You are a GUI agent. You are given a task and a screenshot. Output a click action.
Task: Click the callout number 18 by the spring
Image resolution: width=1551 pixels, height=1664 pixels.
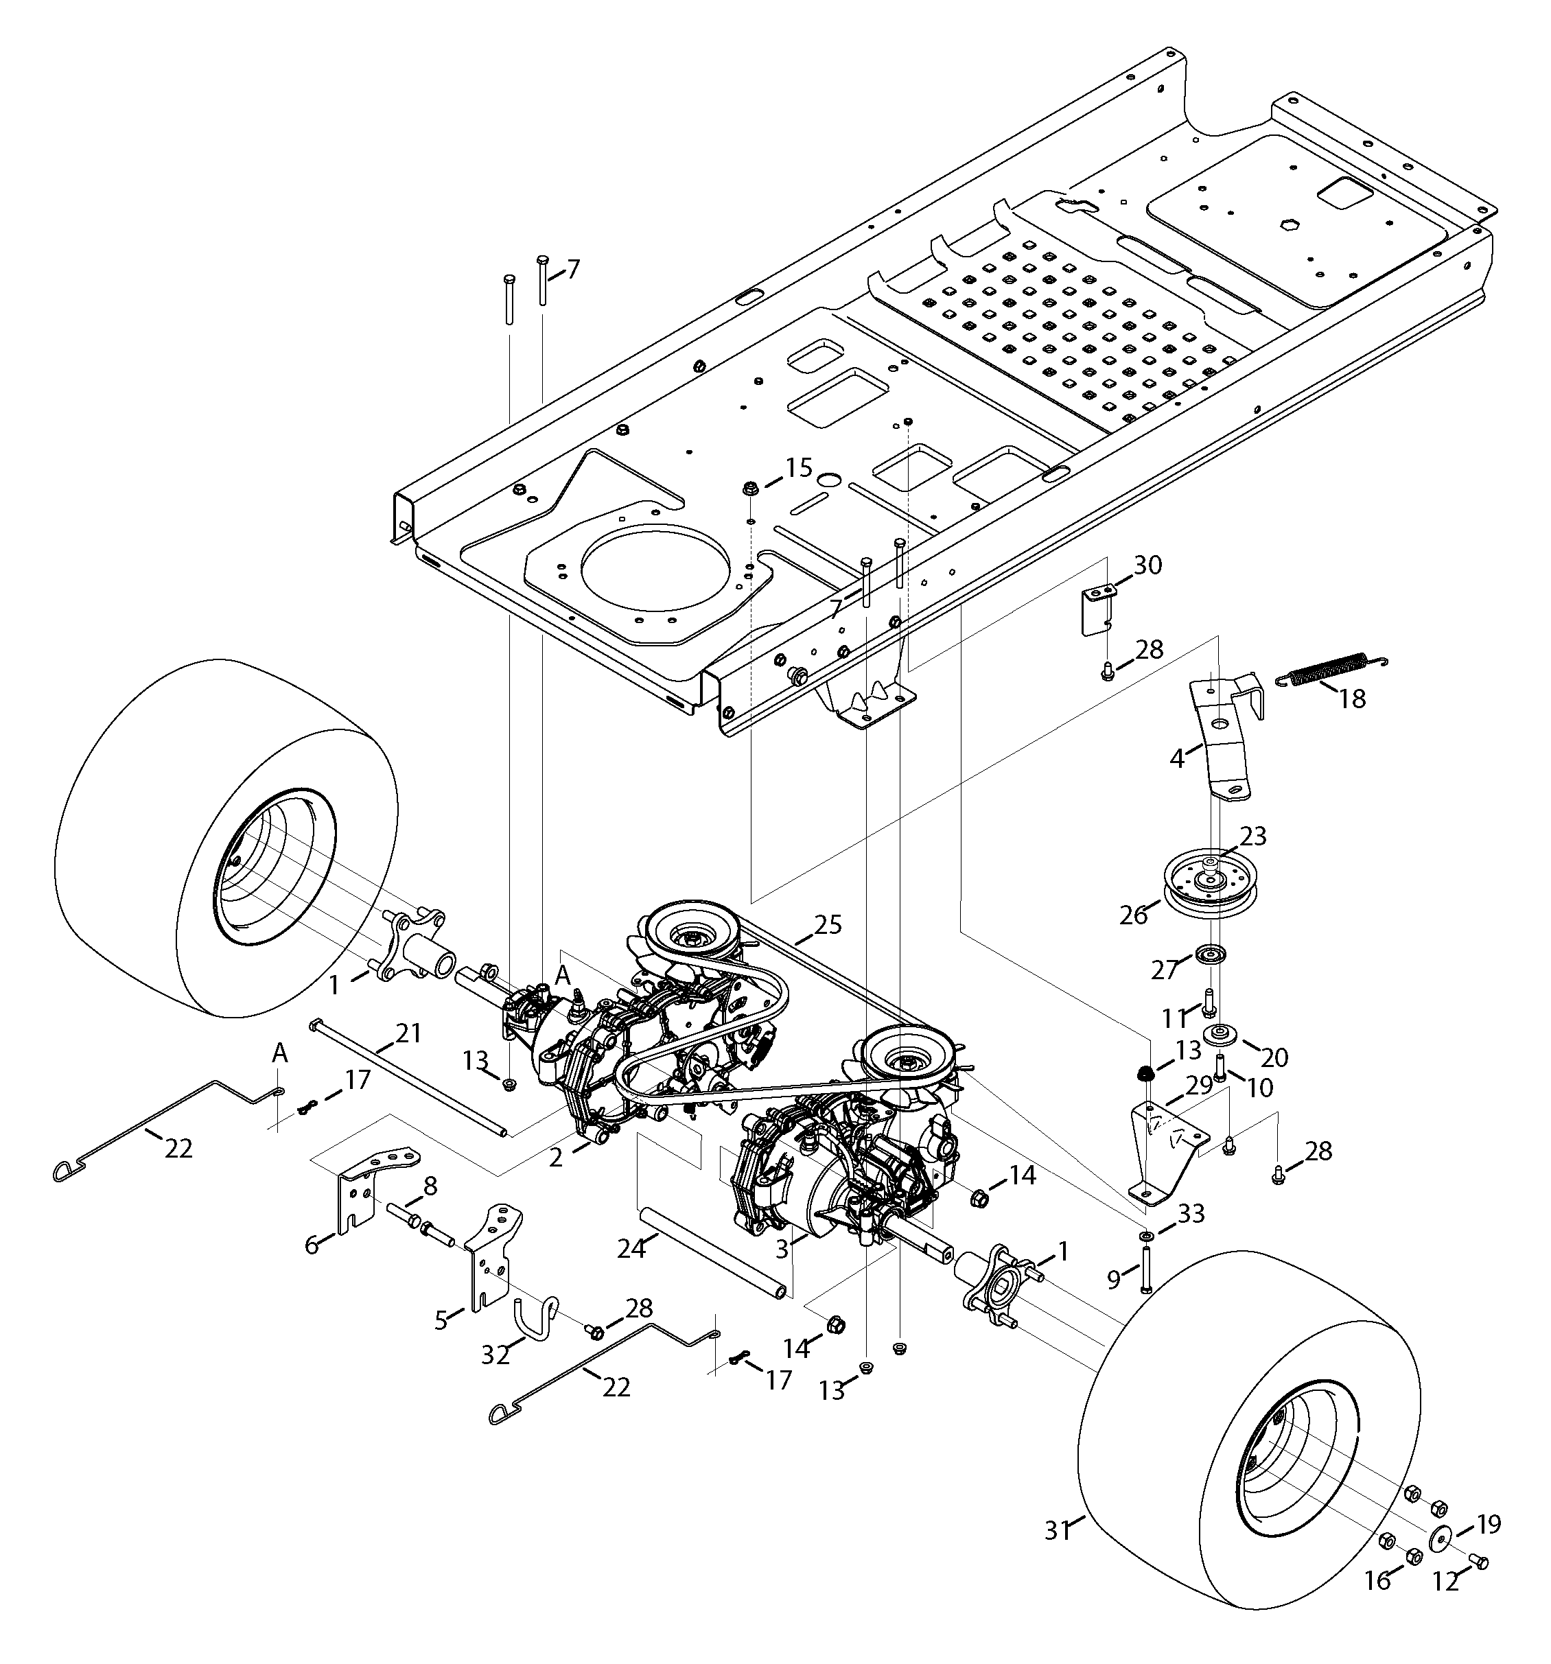(x=1352, y=697)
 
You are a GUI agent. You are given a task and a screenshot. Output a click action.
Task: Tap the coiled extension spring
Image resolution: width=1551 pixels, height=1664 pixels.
(x=1331, y=668)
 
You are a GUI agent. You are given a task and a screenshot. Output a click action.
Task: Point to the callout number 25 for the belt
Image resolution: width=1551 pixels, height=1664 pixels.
(x=827, y=925)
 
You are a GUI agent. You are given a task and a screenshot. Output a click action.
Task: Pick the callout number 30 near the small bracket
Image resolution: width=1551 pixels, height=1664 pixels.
(x=1147, y=565)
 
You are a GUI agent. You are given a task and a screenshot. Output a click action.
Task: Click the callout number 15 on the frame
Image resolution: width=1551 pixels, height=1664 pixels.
(x=800, y=467)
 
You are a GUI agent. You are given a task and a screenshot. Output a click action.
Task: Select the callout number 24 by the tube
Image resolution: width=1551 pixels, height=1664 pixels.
(x=632, y=1250)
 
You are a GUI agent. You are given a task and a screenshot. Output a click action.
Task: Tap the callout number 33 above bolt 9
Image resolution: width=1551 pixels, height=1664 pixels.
(x=1190, y=1213)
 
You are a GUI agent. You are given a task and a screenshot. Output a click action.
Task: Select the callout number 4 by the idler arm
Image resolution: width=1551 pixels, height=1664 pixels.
(x=1177, y=758)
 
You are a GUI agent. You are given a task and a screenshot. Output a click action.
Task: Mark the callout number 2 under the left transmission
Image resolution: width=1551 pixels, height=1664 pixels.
(x=556, y=1158)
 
